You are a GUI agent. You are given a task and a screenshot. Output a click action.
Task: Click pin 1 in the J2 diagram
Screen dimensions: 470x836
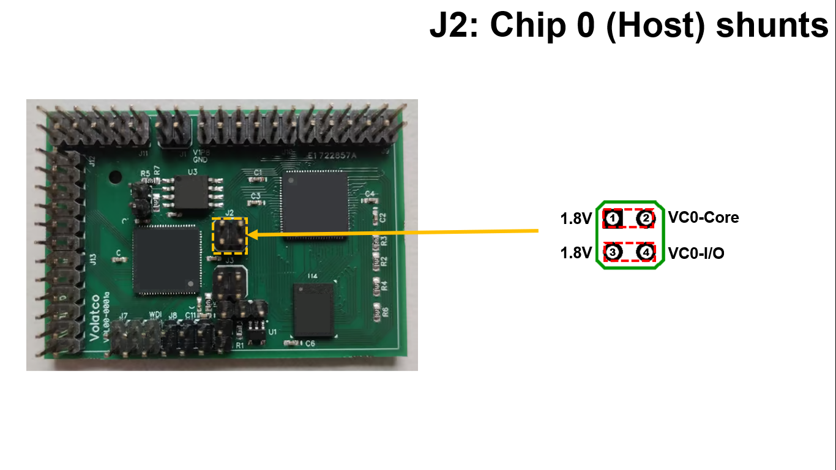(x=614, y=218)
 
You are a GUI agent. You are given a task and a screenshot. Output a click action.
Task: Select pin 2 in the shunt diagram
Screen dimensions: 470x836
(x=645, y=218)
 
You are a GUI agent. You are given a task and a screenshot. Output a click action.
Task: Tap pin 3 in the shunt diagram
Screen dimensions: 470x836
(x=614, y=252)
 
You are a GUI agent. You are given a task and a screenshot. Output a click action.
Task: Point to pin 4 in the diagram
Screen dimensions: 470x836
(x=645, y=252)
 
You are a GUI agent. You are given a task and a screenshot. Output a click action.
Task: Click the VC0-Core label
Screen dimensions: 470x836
(x=703, y=217)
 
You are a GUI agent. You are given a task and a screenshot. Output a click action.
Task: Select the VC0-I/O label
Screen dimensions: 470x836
(x=696, y=253)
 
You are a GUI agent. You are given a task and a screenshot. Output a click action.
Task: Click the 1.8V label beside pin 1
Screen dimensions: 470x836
(x=576, y=218)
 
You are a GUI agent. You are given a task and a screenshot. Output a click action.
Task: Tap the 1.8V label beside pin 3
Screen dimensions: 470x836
(x=576, y=253)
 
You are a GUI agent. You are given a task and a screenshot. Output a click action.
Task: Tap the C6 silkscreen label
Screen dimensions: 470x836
(x=310, y=344)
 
